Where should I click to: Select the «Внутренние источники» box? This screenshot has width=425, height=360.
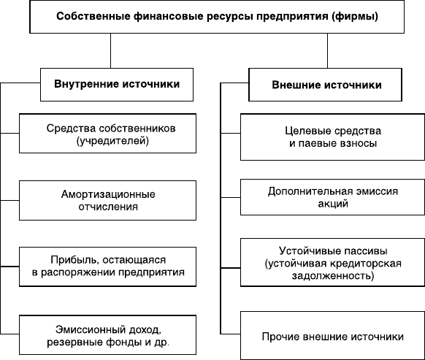[117, 85]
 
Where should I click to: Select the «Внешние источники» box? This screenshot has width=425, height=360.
[325, 85]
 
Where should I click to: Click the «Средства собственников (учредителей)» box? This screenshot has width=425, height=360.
[107, 134]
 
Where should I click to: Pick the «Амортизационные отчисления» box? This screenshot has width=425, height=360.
[107, 200]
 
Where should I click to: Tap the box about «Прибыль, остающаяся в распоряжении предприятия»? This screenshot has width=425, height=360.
[107, 267]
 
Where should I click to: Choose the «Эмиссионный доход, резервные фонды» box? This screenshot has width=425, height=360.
[107, 334]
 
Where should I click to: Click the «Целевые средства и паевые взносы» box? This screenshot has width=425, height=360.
[332, 137]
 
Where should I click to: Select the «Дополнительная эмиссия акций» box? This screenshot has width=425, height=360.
[332, 197]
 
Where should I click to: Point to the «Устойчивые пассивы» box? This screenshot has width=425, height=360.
[332, 262]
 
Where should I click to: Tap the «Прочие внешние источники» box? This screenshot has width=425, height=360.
[332, 336]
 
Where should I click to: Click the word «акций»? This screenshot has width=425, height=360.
[333, 204]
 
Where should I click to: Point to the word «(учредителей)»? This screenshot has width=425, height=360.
[112, 141]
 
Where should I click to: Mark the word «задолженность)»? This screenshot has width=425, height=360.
[333, 276]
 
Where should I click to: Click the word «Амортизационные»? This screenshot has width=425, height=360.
[108, 194]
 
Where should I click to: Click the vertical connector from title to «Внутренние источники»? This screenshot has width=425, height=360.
[110, 50]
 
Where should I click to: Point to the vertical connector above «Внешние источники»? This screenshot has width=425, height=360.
[327, 50]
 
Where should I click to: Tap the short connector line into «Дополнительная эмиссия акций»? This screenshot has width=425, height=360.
[231, 197]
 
